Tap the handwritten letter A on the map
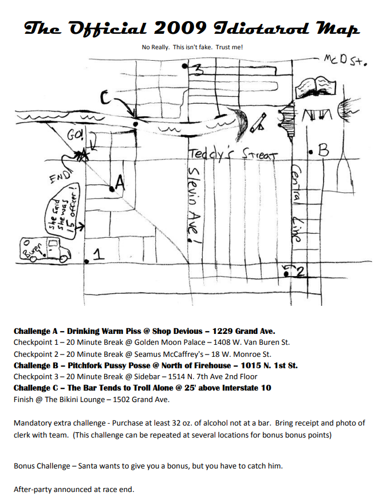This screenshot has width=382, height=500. [x=119, y=183]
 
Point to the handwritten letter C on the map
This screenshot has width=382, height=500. [x=106, y=98]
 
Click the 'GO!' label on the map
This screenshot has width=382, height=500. [x=76, y=136]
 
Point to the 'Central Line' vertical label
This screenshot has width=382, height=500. [x=297, y=203]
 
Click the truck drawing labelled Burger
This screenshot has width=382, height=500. [x=45, y=249]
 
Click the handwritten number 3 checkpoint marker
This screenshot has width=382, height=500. [x=198, y=70]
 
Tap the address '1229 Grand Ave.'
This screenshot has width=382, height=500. [x=244, y=331]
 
